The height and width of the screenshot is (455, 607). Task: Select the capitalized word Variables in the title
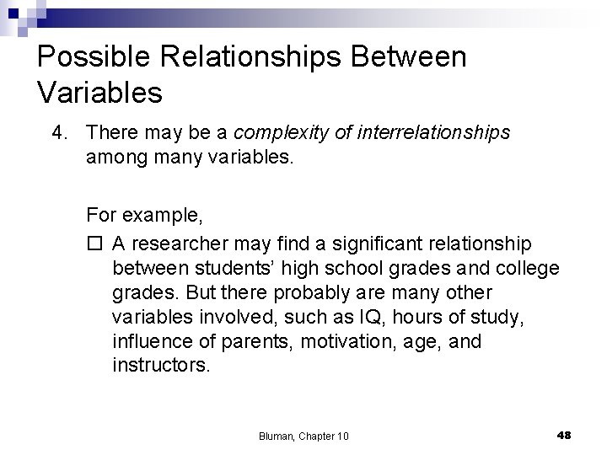coord(100,93)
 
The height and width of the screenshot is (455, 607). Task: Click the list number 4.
coord(56,132)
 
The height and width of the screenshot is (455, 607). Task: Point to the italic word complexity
coord(276,132)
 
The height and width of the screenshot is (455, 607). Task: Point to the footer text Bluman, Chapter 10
coord(304,435)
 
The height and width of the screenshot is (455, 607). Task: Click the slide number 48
coord(564,434)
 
